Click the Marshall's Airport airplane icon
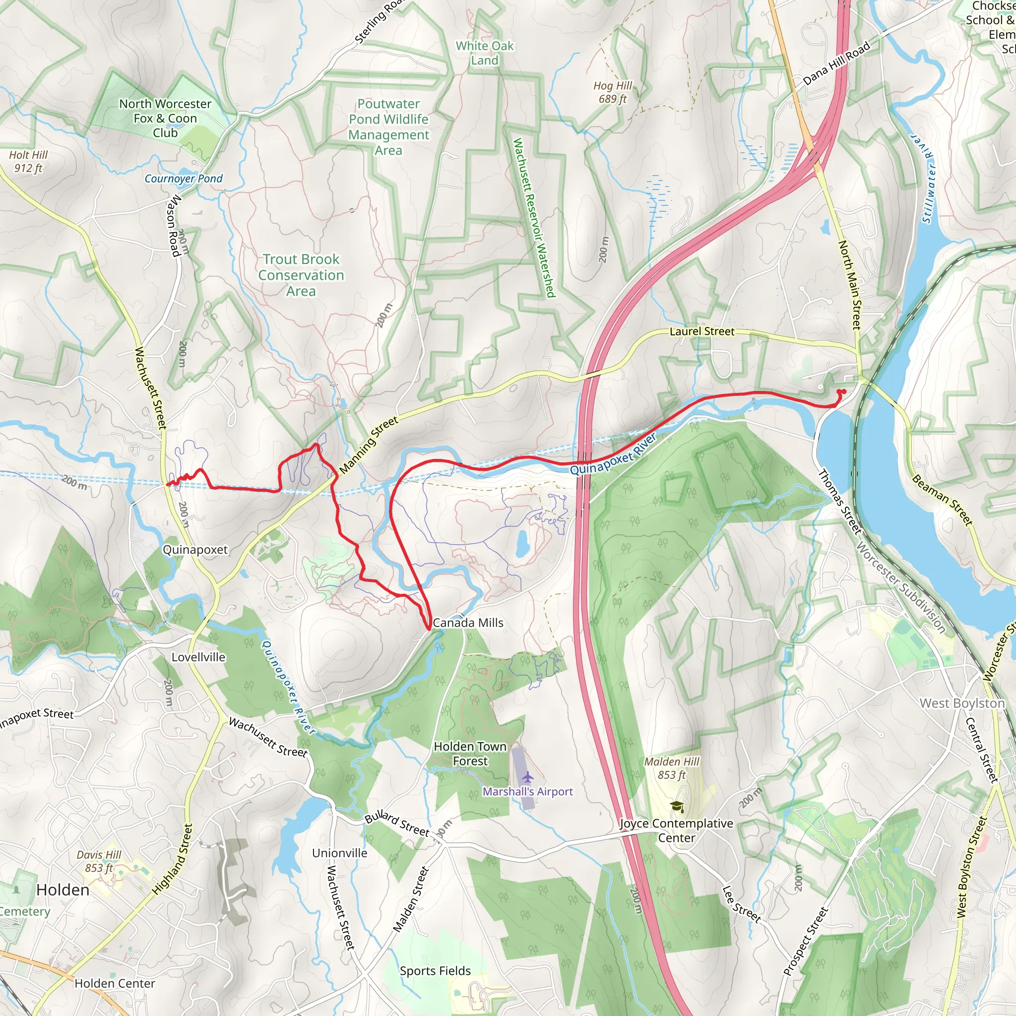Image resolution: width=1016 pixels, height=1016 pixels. tap(527, 777)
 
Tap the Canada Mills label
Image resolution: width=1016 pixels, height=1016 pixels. tap(467, 623)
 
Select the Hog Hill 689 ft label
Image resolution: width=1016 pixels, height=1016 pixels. tap(612, 92)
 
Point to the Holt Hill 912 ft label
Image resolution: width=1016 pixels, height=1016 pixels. tap(28, 161)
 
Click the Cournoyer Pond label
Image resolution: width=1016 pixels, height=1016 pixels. tap(184, 179)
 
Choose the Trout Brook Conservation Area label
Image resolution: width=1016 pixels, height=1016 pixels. tap(301, 275)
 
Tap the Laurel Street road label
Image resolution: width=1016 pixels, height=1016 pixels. tap(701, 331)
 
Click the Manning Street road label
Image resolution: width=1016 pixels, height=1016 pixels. tap(369, 445)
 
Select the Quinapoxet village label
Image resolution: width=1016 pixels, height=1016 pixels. tap(195, 550)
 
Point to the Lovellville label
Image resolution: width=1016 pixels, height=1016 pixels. tap(198, 657)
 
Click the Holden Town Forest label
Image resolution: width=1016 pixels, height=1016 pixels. tap(470, 754)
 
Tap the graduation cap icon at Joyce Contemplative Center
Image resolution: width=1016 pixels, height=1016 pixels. tap(677, 807)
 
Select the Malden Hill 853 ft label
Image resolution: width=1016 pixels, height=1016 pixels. tap(672, 768)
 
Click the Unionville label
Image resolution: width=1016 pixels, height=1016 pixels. tap(340, 852)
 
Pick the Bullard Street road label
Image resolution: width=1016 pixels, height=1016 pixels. tap(397, 824)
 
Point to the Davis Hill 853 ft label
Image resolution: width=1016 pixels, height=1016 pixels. tap(99, 861)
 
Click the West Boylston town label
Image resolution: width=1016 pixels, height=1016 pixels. tap(962, 703)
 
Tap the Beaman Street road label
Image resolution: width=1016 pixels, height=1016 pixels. tap(942, 500)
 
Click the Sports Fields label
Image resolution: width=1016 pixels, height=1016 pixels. tap(435, 971)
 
